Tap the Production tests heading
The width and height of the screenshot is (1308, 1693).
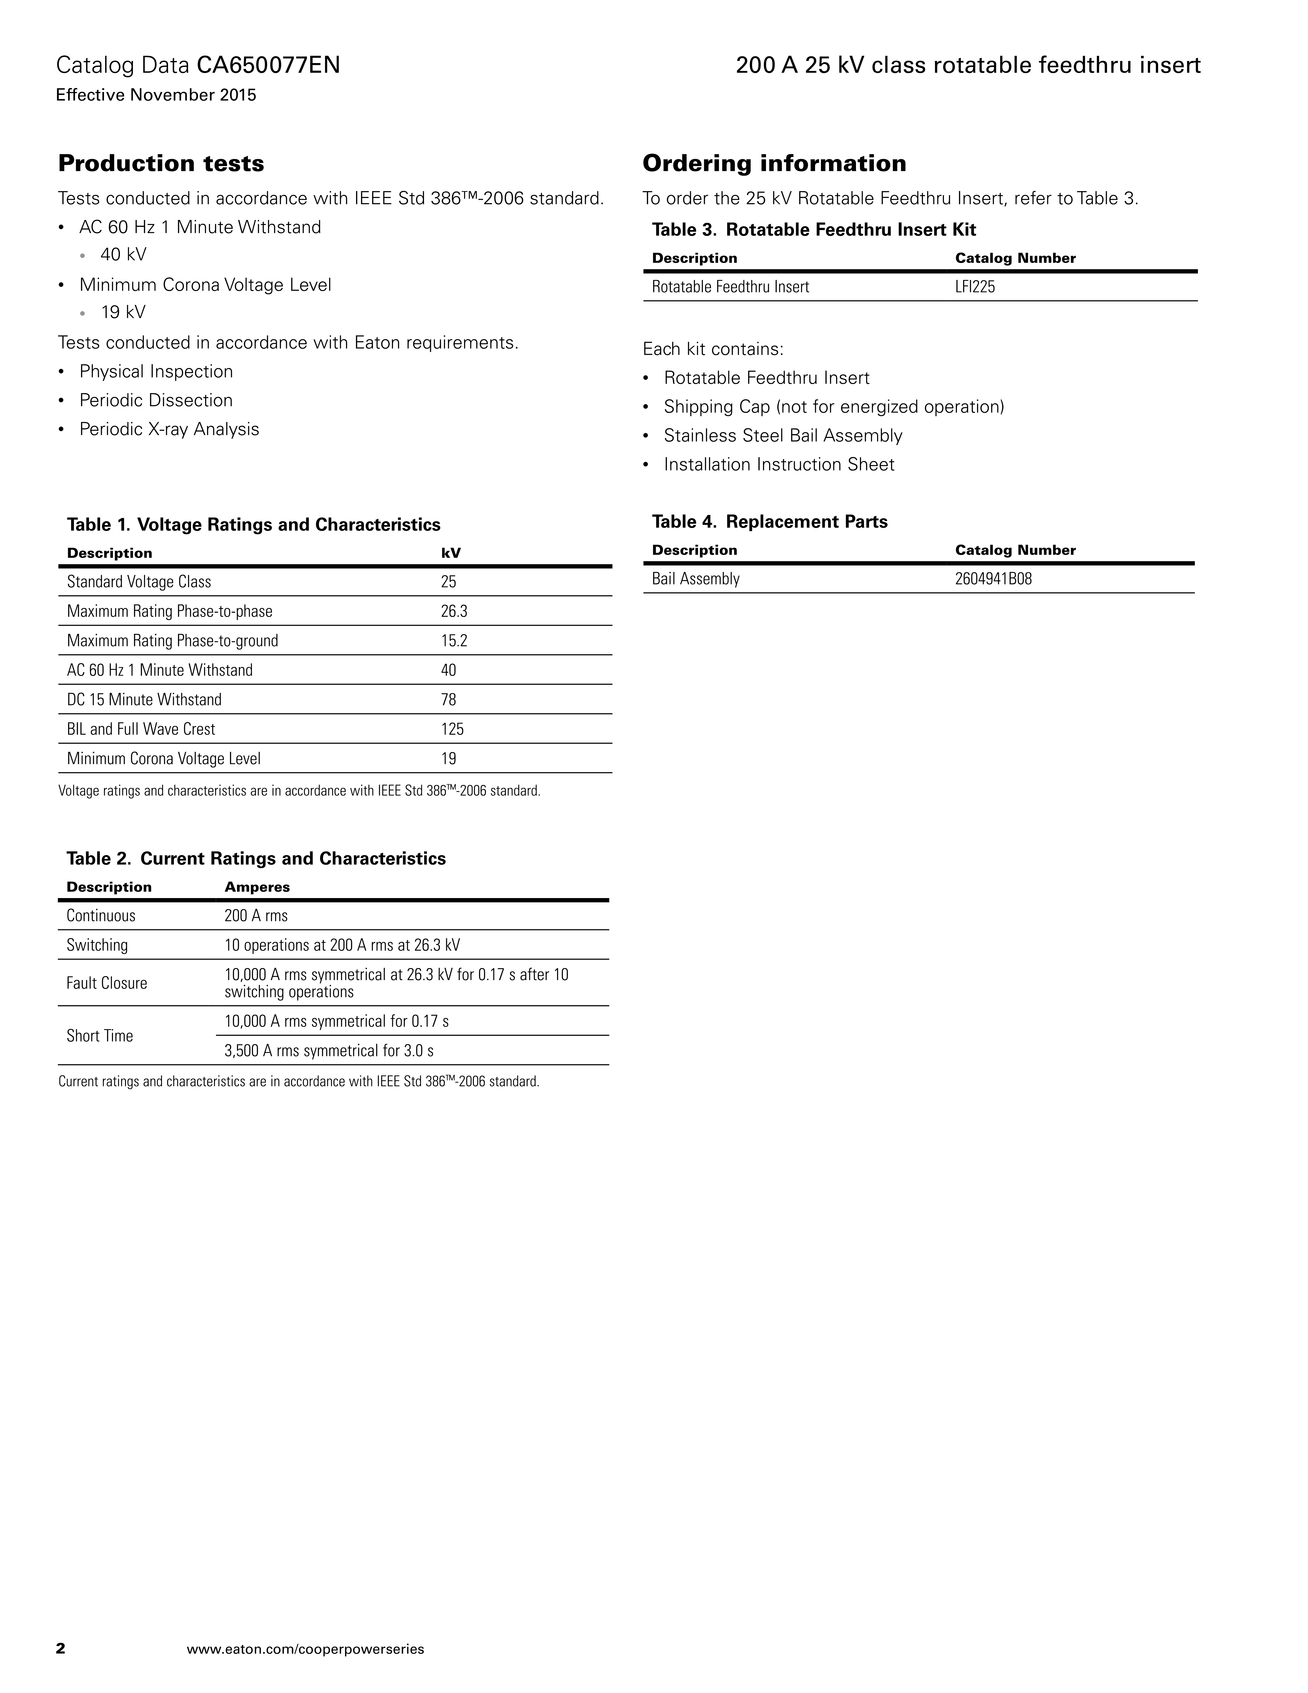(161, 164)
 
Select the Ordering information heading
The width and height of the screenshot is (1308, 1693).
(774, 164)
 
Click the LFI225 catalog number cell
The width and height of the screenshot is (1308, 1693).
(975, 287)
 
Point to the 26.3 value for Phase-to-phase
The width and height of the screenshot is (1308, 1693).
(454, 612)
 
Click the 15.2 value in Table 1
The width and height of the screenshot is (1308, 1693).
(454, 641)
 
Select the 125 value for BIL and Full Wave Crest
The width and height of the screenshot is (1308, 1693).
(453, 729)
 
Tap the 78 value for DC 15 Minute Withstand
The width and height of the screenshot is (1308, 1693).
(449, 700)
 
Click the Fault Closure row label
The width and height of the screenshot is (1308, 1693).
(107, 983)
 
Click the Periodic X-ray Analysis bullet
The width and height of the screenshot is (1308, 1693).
(169, 429)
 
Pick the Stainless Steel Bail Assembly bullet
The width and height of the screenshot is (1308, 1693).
(783, 436)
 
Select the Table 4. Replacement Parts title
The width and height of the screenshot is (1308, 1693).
(769, 522)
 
